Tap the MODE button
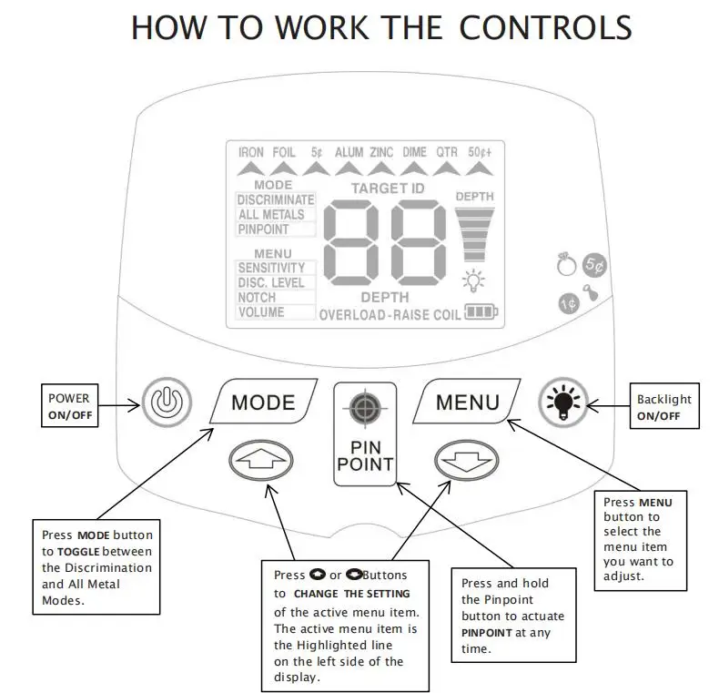click(263, 402)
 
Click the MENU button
click(467, 402)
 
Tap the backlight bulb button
click(562, 401)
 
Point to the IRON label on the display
click(251, 152)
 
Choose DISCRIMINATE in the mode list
click(275, 199)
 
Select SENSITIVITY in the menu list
click(271, 268)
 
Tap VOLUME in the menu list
click(261, 312)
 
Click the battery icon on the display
click(481, 312)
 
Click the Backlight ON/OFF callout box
click(664, 406)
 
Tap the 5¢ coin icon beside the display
click(593, 265)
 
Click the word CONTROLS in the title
click(545, 27)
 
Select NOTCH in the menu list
click(257, 298)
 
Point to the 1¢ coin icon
click(568, 302)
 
